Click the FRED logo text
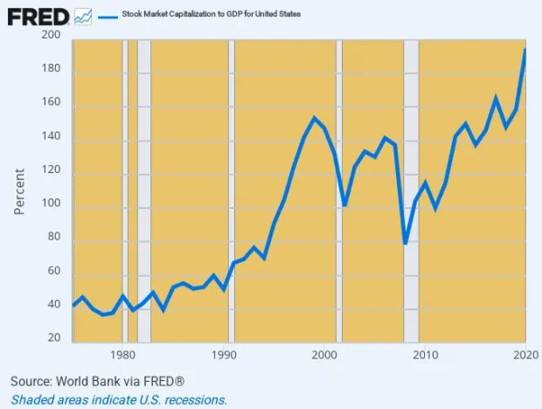[38, 15]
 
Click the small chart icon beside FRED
[84, 16]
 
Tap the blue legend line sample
[109, 16]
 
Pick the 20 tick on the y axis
[53, 338]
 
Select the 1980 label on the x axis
[123, 355]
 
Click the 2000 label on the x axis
[324, 355]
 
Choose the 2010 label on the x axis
[425, 355]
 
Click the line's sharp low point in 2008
[406, 243]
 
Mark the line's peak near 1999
[315, 118]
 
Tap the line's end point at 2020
[525, 50]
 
